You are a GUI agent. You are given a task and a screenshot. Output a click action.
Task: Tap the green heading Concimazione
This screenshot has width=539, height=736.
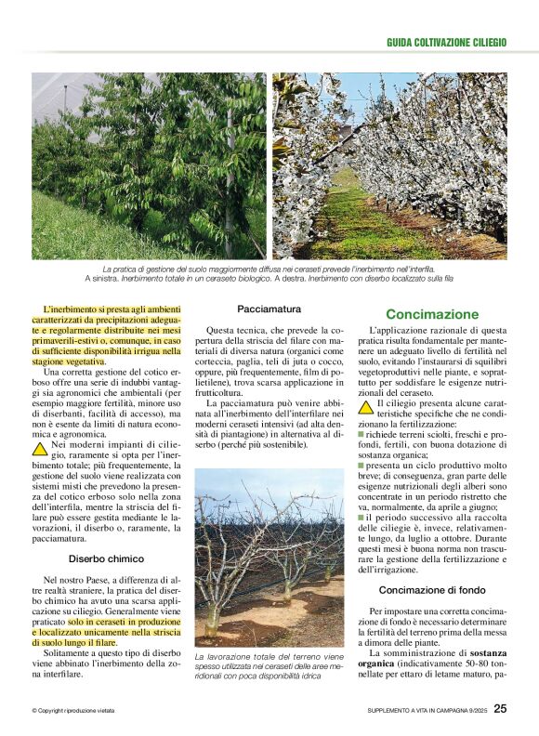coord(432,314)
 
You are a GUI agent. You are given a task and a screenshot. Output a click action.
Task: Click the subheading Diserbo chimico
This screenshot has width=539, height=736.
coord(106,559)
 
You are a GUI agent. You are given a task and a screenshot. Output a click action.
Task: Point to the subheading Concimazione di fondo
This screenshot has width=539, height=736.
coord(434,589)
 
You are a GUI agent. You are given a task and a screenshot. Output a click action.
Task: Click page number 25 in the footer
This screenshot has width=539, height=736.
coord(500,709)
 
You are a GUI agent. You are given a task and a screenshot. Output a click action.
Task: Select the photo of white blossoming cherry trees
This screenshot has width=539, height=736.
coord(389,166)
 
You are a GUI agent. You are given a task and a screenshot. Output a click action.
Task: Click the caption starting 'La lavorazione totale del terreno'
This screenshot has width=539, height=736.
coord(268,668)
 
